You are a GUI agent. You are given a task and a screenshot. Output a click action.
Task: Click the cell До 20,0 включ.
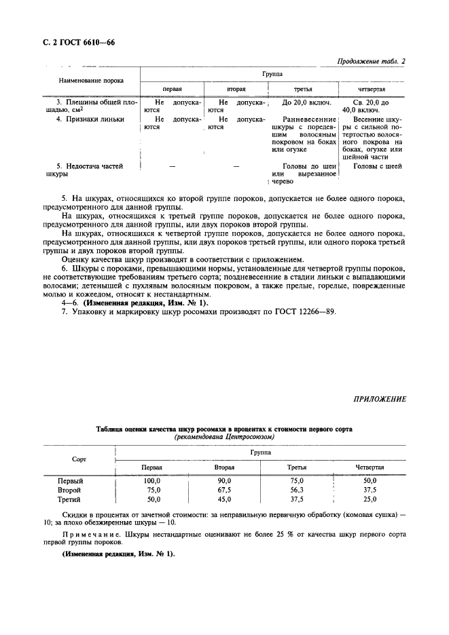pos(306,103)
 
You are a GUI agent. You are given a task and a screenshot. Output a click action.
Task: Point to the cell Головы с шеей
pos(373,166)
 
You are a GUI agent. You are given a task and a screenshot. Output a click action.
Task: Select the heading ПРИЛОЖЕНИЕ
pos(379,399)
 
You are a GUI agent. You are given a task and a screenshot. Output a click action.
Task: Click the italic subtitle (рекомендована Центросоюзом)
pos(224,437)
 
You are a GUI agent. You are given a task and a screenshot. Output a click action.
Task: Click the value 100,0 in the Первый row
pos(151,480)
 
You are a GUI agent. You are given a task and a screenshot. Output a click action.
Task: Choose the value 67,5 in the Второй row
pos(224,489)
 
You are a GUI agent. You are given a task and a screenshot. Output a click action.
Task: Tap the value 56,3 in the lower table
pos(297,489)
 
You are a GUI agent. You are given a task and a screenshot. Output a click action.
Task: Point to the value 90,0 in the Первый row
pos(224,480)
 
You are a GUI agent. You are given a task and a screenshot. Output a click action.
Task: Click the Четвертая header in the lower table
pos(370,467)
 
